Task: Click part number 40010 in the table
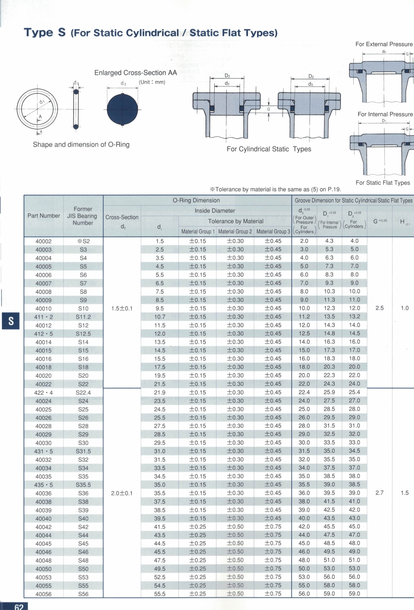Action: pyautogui.click(x=43, y=309)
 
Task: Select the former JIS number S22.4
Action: pyautogui.click(x=83, y=393)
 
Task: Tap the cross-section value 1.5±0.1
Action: pyautogui.click(x=122, y=308)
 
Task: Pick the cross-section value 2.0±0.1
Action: pyautogui.click(x=122, y=493)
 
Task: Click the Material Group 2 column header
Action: pyautogui.click(x=235, y=232)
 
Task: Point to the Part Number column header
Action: pyautogui.click(x=44, y=216)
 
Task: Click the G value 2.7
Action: pyautogui.click(x=380, y=493)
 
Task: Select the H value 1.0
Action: pyautogui.click(x=405, y=308)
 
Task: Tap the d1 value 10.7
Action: pyautogui.click(x=160, y=317)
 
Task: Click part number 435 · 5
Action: pyautogui.click(x=43, y=485)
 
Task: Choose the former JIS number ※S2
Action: pyautogui.click(x=83, y=241)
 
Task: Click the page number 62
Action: pyautogui.click(x=19, y=607)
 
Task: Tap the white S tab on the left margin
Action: pyautogui.click(x=11, y=321)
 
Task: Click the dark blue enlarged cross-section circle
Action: pyautogui.click(x=122, y=110)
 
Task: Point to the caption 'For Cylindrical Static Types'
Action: pyautogui.click(x=269, y=149)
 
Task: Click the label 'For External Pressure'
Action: pyautogui.click(x=384, y=44)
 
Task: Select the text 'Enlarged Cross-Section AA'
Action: pyautogui.click(x=136, y=73)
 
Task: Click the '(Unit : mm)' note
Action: pyautogui.click(x=152, y=82)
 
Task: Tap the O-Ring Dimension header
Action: pyautogui.click(x=196, y=201)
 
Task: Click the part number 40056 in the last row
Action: pyautogui.click(x=43, y=594)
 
